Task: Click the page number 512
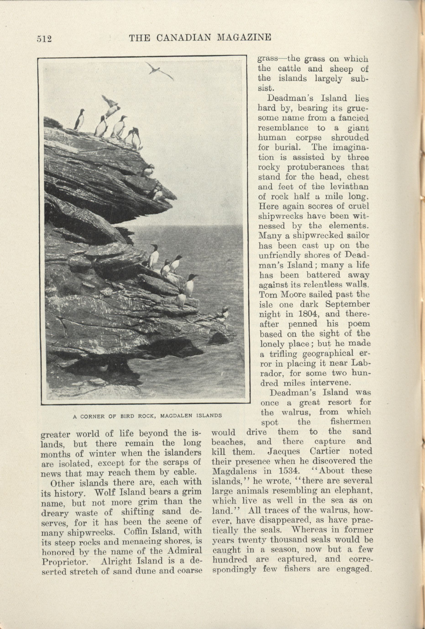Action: click(x=44, y=39)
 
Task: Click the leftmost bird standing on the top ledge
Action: click(x=79, y=119)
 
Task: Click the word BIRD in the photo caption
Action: click(x=129, y=415)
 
